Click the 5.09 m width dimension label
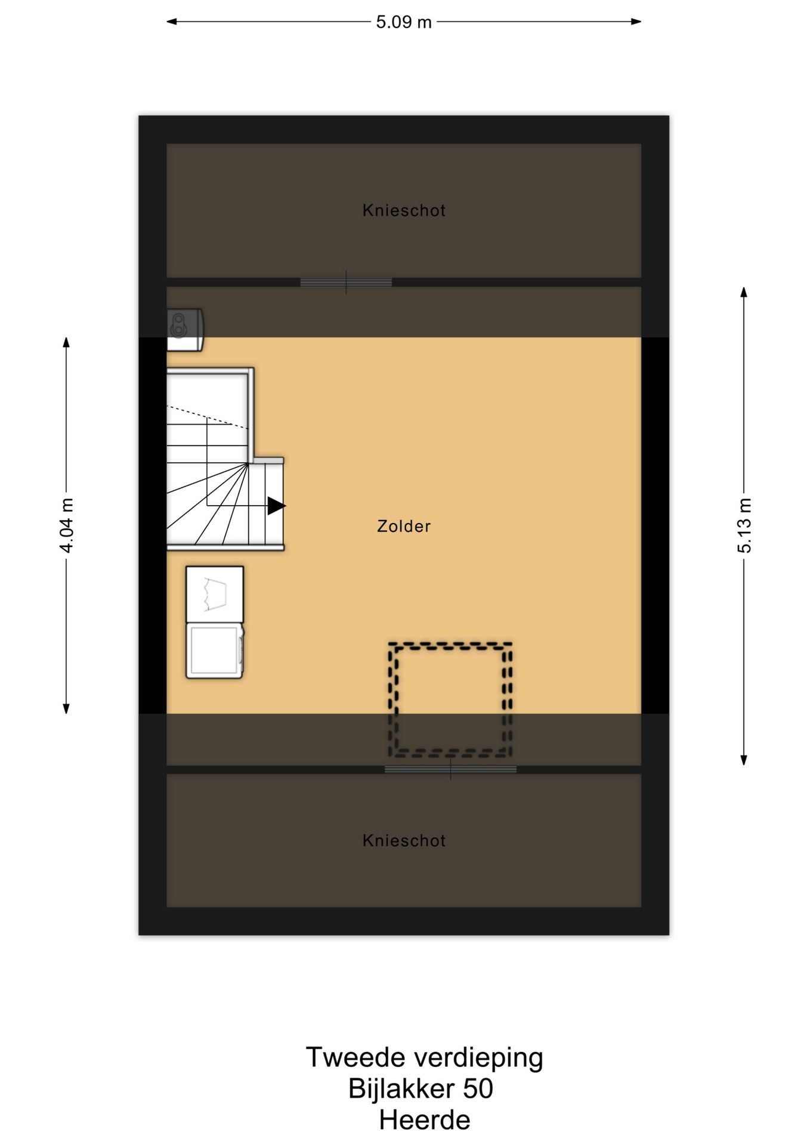[404, 22]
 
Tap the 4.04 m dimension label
[67, 525]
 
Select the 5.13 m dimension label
[744, 525]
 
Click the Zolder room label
[404, 526]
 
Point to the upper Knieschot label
[404, 211]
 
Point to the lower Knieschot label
[404, 841]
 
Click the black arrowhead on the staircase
[276, 506]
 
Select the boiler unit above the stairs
[185, 330]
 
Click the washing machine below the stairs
[215, 651]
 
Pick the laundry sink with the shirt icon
[215, 595]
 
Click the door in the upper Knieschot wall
[346, 283]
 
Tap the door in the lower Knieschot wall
[450, 769]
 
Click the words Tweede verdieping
[424, 1057]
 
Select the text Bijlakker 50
[421, 1088]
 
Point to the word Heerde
[424, 1119]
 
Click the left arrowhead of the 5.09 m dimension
[171, 22]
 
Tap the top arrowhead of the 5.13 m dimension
[744, 292]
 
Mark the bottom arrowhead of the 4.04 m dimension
[67, 708]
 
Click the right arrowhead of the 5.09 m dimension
[636, 22]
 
